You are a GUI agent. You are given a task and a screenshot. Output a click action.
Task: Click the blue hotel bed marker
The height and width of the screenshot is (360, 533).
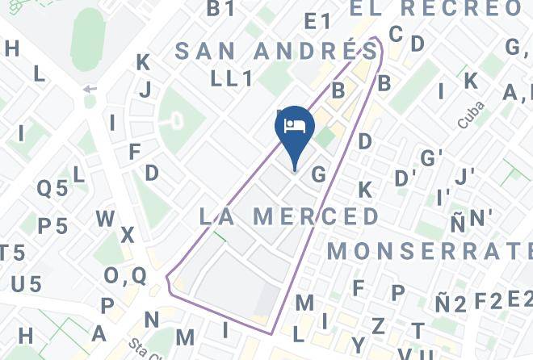294,128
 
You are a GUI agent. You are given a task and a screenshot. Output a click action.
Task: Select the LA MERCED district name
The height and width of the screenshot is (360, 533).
289,216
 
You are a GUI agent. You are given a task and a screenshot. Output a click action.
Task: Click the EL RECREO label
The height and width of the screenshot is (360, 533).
436,9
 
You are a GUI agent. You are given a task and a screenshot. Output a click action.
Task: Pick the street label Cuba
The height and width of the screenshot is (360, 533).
470,115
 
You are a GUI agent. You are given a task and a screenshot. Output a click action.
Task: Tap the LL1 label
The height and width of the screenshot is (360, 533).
233,79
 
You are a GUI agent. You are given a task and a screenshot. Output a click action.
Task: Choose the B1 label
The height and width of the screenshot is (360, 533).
220,9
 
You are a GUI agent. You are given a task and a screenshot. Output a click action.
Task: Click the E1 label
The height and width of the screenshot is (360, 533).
318,22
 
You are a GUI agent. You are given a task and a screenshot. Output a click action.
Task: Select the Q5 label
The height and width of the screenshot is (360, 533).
52,189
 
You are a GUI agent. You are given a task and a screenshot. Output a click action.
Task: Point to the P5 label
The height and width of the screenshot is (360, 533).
52,226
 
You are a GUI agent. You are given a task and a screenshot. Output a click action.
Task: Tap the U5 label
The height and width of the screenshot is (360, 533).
26,284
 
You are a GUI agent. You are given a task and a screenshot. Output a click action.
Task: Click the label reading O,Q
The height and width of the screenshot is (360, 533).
125,276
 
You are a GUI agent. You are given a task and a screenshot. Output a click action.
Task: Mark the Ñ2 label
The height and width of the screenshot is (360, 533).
451,304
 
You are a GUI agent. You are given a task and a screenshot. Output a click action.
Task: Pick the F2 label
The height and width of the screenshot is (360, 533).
488,302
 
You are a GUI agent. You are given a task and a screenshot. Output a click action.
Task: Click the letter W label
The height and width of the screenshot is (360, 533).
105,219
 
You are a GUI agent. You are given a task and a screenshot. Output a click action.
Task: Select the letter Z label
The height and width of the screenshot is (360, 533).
378,326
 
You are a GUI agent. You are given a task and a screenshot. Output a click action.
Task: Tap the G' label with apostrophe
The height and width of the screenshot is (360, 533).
431,157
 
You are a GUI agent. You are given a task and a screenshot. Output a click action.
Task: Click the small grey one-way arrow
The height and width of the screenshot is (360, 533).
89,89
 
